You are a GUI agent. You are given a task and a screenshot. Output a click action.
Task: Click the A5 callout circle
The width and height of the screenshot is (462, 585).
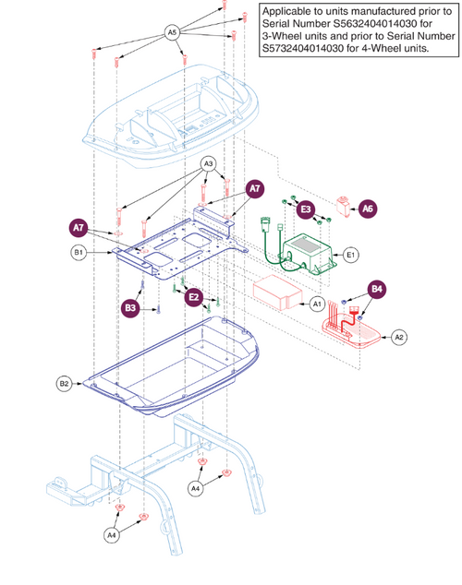coord(172,30)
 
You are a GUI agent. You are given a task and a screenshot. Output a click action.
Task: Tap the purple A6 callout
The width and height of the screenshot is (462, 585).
coord(368,209)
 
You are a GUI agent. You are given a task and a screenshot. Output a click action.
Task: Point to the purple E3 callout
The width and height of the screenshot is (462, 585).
coord(305,210)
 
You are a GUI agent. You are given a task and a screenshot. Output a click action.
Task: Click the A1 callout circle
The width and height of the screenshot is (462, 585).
coord(317,303)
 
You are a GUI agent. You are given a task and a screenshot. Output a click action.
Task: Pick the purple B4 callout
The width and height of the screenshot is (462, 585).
coord(377,288)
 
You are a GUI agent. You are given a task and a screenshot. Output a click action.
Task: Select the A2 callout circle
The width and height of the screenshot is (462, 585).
coord(400,337)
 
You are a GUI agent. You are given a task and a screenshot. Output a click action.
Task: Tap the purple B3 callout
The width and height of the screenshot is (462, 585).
coord(132,306)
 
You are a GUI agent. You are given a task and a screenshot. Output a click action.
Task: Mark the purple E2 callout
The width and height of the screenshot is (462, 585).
coord(193,297)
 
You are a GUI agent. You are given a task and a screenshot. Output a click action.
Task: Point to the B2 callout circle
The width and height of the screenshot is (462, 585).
coord(65,382)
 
